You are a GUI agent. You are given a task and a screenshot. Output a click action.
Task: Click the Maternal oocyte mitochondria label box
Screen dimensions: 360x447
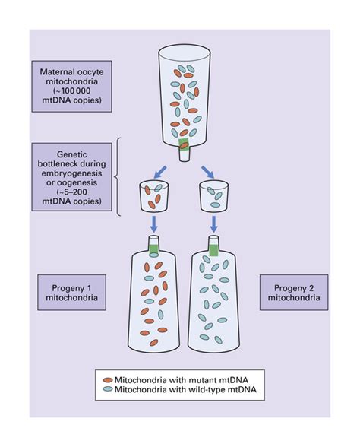click(x=71, y=86)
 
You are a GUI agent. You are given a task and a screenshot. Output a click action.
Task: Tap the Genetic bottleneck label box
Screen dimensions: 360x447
click(x=71, y=177)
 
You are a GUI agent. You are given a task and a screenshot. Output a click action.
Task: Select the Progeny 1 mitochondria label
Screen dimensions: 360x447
click(x=71, y=293)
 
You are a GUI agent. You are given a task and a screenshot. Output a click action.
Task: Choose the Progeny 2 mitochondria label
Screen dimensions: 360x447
click(x=294, y=293)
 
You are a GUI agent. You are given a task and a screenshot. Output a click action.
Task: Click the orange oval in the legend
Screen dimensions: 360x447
click(x=108, y=380)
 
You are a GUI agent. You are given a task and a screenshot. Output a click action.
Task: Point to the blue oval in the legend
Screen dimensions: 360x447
click(x=108, y=389)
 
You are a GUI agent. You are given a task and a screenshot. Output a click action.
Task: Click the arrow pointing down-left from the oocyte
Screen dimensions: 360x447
click(x=159, y=173)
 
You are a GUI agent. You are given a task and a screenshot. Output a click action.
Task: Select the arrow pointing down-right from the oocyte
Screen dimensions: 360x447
click(x=207, y=172)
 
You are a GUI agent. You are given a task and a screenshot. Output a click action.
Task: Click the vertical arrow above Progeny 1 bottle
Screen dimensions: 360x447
click(x=153, y=224)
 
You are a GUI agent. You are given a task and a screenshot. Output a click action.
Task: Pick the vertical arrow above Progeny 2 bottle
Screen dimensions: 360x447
click(x=213, y=224)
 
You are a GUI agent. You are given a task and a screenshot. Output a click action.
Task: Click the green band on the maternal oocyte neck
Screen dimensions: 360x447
click(x=184, y=144)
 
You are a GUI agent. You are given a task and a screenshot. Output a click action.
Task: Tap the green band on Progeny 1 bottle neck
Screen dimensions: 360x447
click(x=153, y=249)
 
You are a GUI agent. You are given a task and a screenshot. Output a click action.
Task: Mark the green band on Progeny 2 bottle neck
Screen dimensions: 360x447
click(x=213, y=249)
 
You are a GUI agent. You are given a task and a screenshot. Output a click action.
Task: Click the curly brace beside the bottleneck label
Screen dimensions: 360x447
click(x=116, y=177)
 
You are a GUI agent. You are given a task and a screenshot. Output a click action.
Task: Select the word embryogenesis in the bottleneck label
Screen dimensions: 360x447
click(x=71, y=173)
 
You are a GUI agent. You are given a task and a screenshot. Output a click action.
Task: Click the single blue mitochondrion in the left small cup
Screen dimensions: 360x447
click(x=158, y=187)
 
